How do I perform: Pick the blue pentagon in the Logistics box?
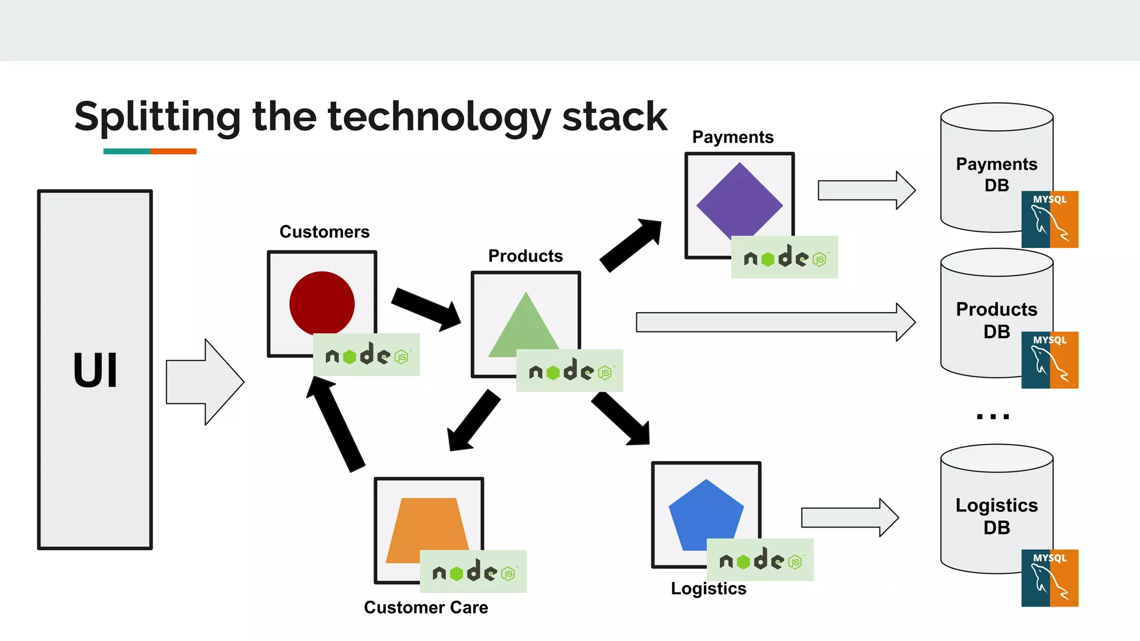705,516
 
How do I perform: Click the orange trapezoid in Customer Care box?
426,529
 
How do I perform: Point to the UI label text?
95,371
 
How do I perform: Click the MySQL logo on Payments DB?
1049,219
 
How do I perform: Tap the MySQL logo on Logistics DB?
1049,578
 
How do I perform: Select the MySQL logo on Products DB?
1049,359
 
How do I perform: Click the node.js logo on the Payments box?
784,257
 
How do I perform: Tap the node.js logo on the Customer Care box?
473,571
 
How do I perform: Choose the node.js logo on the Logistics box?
759,560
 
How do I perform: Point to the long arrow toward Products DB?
774,322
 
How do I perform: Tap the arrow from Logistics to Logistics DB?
849,517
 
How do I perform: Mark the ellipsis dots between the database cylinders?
992,416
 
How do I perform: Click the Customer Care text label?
426,607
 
